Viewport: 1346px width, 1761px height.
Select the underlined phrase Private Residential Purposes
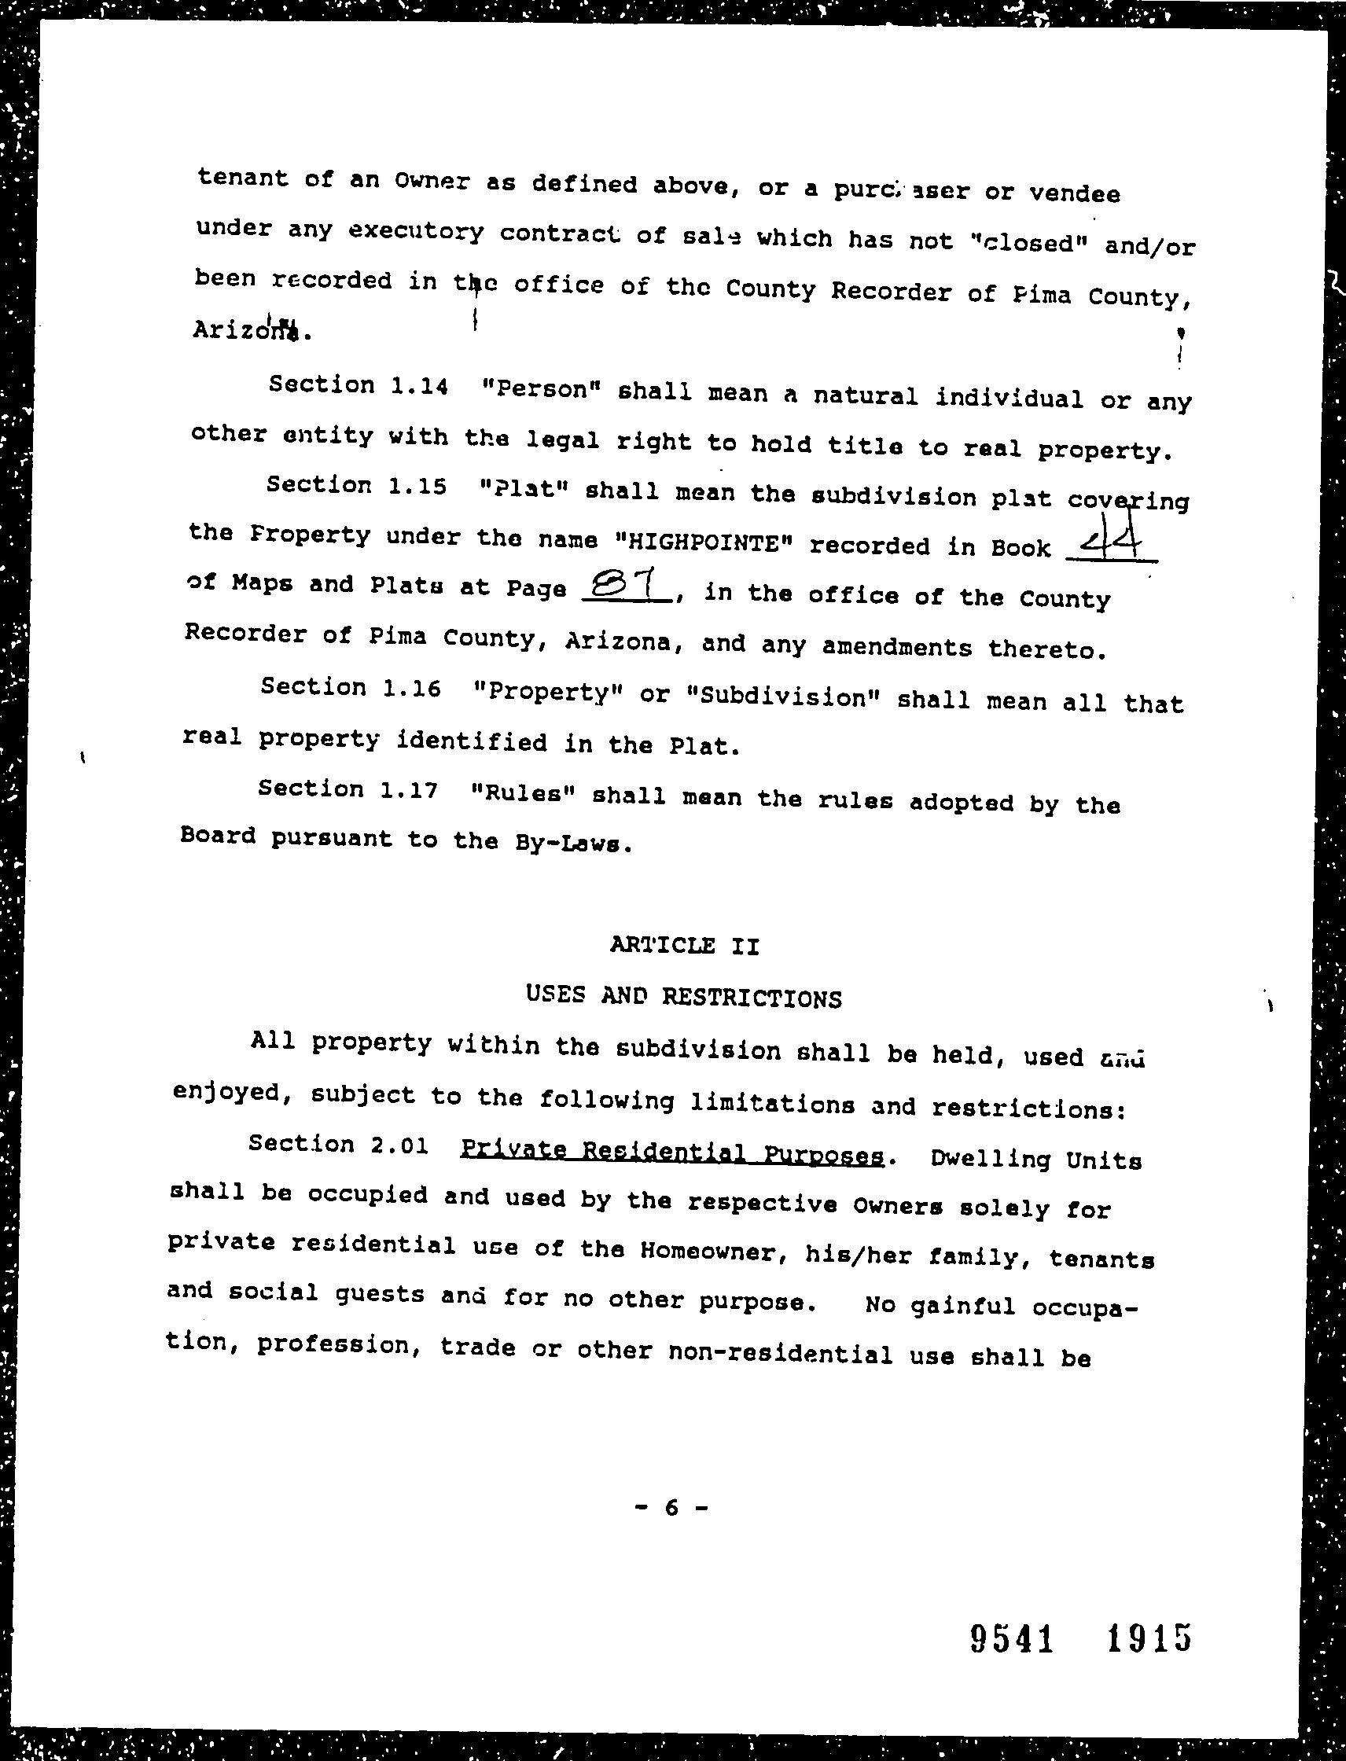673,1154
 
